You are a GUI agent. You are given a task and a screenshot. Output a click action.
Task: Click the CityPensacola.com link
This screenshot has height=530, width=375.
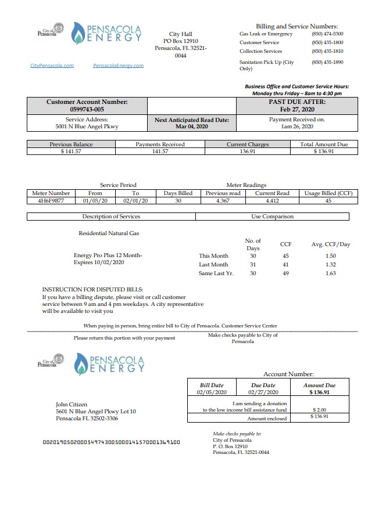pyautogui.click(x=52, y=66)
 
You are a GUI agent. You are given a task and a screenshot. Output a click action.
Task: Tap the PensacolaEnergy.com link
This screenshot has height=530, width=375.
pyautogui.click(x=118, y=66)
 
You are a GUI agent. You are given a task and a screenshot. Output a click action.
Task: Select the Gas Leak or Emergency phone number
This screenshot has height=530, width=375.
pyautogui.click(x=327, y=34)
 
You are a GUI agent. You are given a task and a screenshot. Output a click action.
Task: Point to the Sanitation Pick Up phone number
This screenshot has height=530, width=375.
pyautogui.click(x=327, y=62)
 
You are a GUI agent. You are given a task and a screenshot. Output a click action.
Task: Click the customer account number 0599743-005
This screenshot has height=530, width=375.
pyautogui.click(x=87, y=109)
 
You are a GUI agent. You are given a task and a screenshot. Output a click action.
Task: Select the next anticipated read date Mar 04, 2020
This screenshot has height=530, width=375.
pyautogui.click(x=191, y=126)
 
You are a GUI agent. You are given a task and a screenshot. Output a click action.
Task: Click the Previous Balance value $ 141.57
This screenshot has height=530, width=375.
pyautogui.click(x=71, y=152)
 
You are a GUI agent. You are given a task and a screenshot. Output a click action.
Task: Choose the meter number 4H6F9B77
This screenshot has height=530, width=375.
pyautogui.click(x=51, y=200)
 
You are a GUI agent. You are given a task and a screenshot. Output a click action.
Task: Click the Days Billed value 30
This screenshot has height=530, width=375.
pyautogui.click(x=178, y=200)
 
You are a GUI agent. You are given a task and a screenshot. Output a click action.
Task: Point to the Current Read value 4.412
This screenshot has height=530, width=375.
pyautogui.click(x=272, y=200)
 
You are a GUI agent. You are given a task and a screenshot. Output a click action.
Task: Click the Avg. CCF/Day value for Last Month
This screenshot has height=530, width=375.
pyautogui.click(x=330, y=264)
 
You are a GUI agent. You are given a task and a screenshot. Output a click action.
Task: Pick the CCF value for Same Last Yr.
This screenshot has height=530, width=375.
pyautogui.click(x=285, y=273)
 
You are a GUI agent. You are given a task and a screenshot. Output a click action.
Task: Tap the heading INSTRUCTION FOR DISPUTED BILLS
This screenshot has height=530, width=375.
pyautogui.click(x=92, y=289)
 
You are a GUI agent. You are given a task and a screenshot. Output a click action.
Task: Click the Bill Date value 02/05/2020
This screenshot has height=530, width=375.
pyautogui.click(x=211, y=392)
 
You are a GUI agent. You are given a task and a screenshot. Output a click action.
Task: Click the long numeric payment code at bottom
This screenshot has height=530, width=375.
pyautogui.click(x=112, y=442)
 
